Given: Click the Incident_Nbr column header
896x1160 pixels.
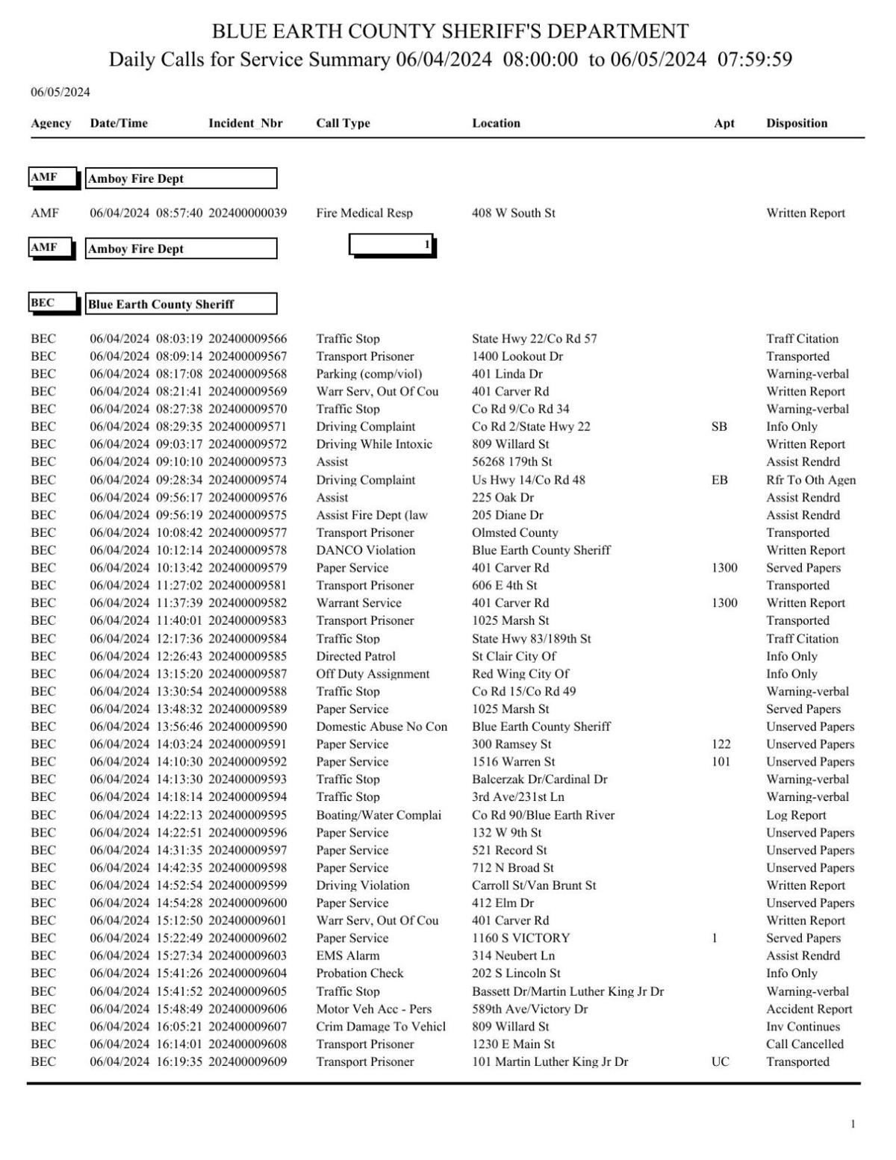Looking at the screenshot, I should click(x=245, y=123).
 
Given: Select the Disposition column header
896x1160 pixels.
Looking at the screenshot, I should click(x=796, y=123).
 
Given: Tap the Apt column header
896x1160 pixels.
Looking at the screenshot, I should click(x=724, y=123).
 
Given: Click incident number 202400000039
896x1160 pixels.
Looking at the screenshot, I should click(x=247, y=213).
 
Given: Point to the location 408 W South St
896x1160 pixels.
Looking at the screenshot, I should click(x=513, y=213).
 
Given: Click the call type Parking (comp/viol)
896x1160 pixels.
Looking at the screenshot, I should click(x=369, y=374).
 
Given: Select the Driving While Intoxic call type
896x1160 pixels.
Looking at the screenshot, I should click(x=374, y=444).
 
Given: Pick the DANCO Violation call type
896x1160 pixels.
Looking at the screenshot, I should click(x=365, y=550).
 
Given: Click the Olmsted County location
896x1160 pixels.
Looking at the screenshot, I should click(x=514, y=532).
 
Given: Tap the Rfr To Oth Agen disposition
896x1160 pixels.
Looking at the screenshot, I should click(x=810, y=480).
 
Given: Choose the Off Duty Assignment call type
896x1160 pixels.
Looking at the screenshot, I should click(x=373, y=673).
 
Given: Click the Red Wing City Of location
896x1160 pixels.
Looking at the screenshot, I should click(x=520, y=673).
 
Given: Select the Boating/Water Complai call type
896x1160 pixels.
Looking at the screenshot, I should click(x=379, y=815).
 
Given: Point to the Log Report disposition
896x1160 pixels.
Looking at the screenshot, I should click(x=796, y=815).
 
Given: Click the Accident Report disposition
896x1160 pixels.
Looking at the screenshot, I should click(x=809, y=1008).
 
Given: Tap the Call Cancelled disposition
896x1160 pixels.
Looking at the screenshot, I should click(x=804, y=1044).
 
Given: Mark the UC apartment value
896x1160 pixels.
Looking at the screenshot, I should click(x=720, y=1061).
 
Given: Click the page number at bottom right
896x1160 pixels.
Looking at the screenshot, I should click(x=853, y=1124).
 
